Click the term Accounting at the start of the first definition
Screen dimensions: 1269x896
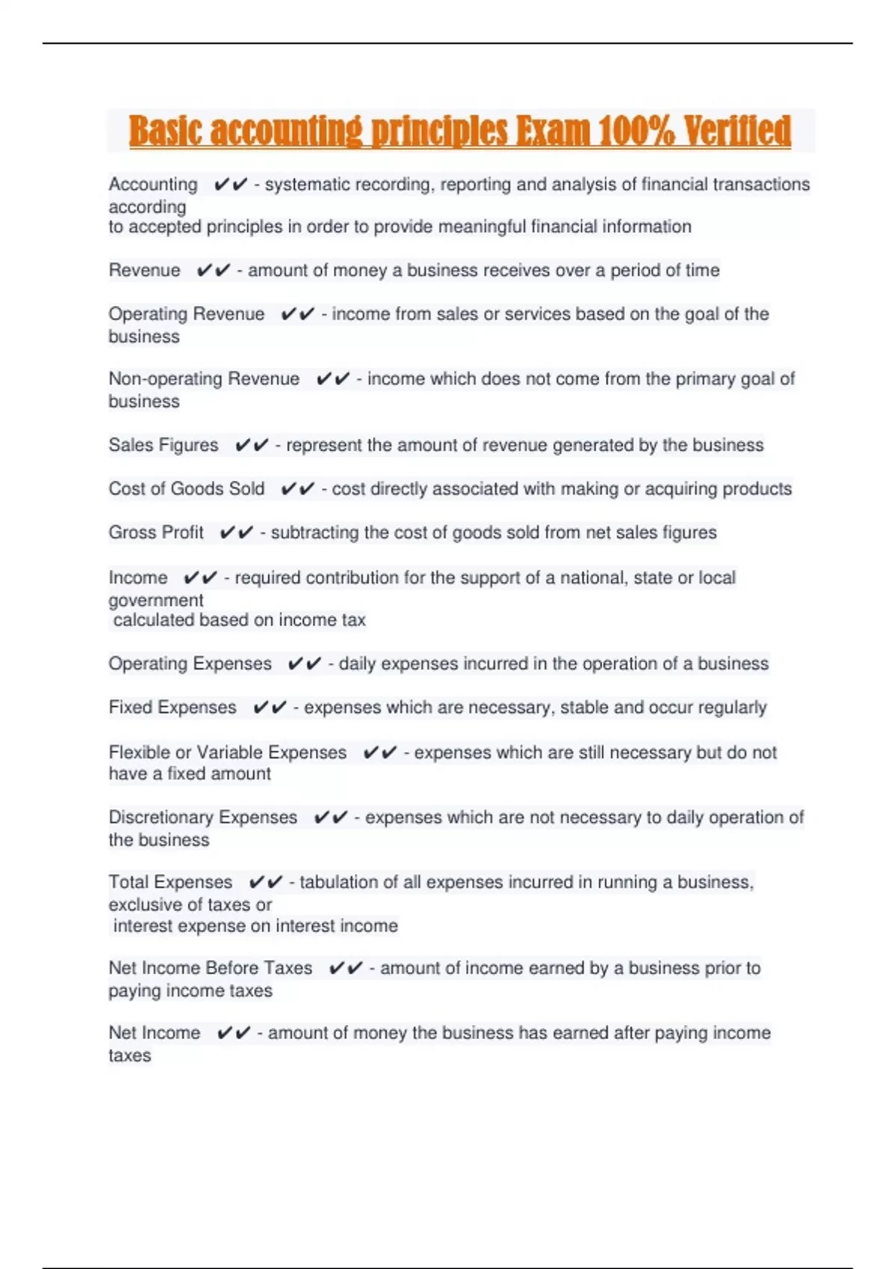(x=153, y=184)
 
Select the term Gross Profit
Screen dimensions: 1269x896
(x=156, y=532)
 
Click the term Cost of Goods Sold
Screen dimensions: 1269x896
(x=187, y=489)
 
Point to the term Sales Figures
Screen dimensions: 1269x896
(x=164, y=446)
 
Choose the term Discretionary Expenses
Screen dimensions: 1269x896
(x=203, y=817)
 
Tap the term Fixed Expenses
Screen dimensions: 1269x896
(x=172, y=708)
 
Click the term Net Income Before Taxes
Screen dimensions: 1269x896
(x=211, y=968)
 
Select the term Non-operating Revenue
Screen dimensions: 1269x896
(x=204, y=379)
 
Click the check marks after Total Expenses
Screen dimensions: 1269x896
(x=266, y=882)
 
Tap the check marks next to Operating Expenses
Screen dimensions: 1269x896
(x=305, y=664)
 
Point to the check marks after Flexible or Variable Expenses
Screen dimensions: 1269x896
(x=380, y=752)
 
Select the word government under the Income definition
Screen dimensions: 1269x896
(x=156, y=600)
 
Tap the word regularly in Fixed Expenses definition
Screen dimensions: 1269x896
(x=732, y=708)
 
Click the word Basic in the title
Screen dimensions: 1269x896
(x=166, y=131)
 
